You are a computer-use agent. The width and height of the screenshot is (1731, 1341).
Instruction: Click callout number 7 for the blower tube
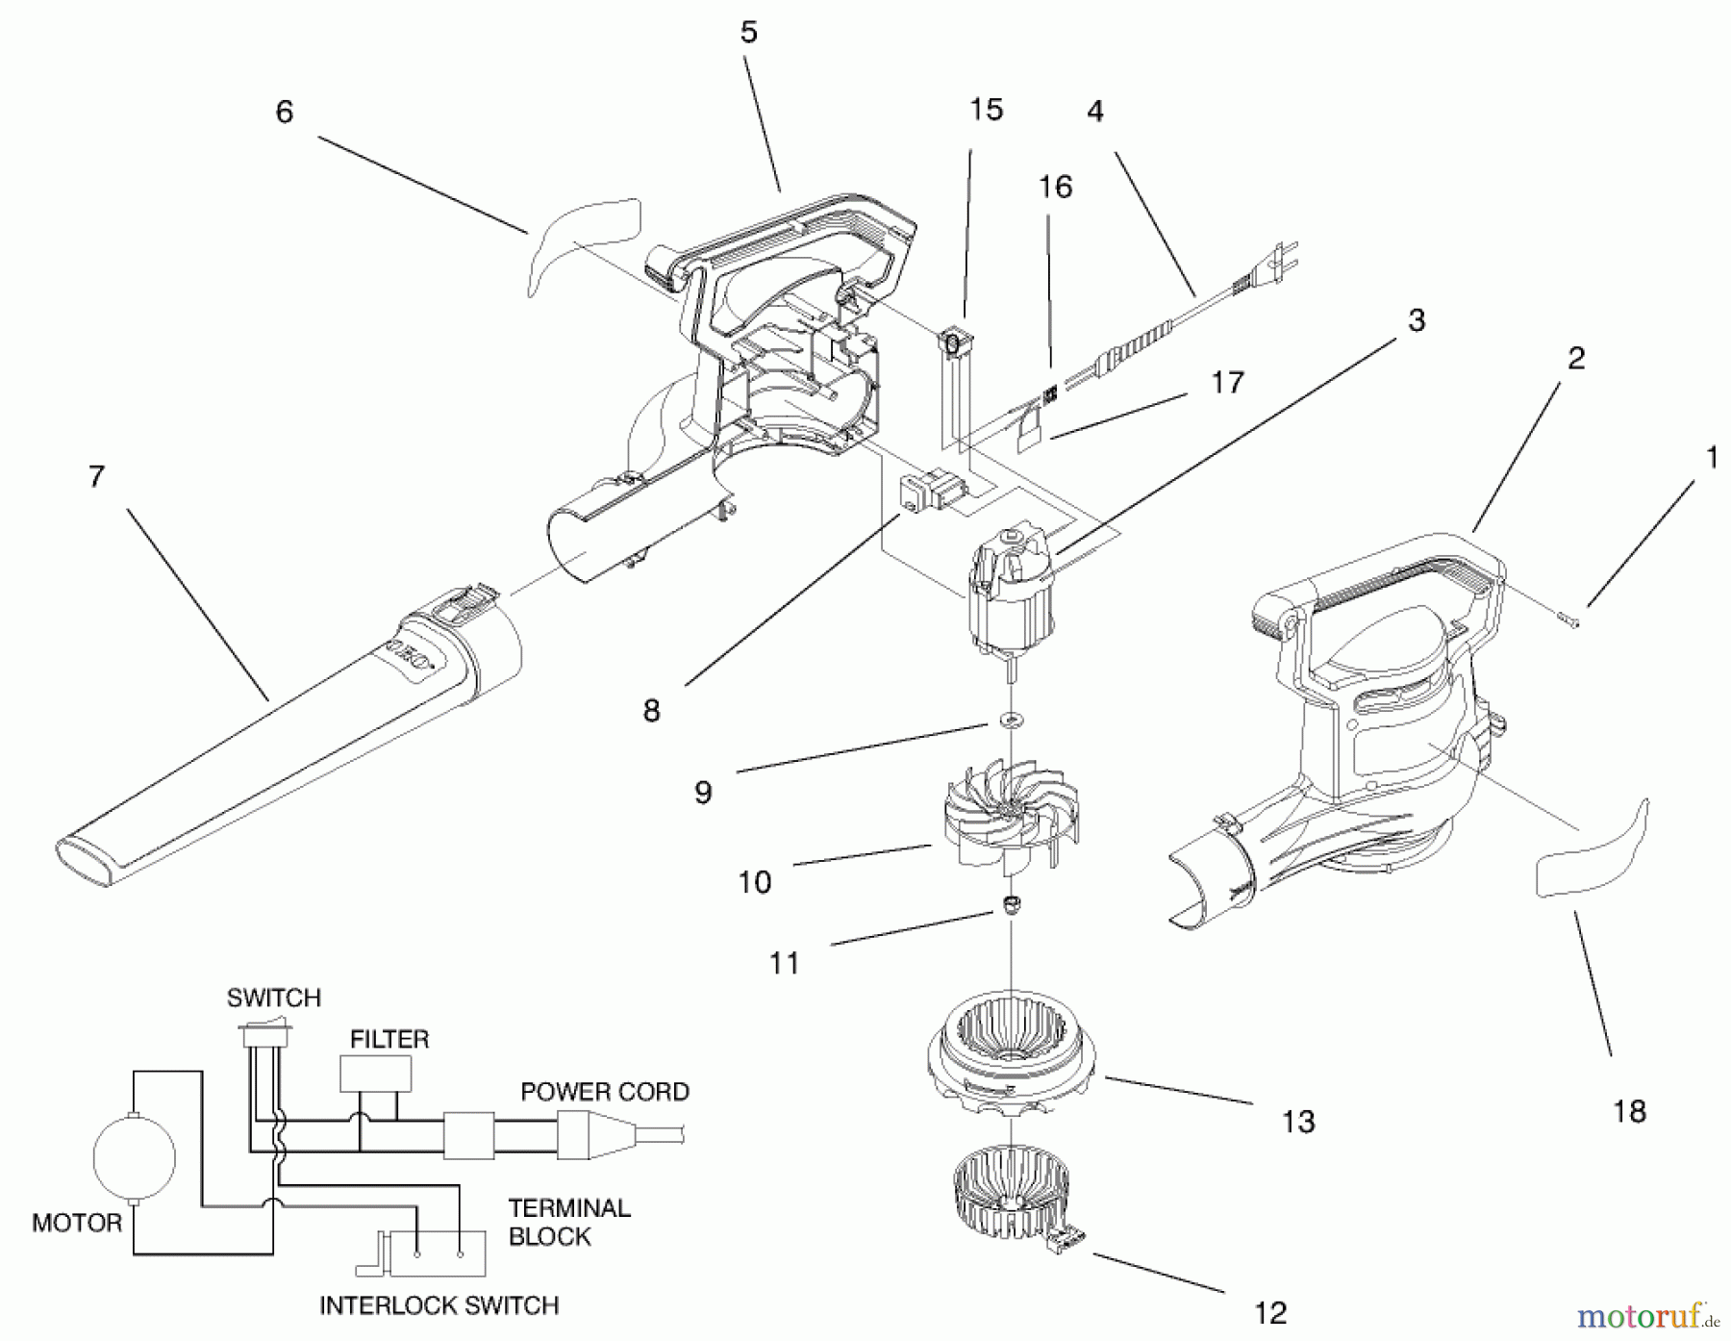(x=96, y=477)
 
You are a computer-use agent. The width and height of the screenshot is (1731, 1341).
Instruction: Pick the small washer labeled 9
(x=1010, y=721)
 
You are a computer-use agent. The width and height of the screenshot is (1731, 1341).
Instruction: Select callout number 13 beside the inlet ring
(x=1297, y=1121)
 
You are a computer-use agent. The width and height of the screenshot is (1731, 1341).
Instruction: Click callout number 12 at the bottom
(x=1269, y=1313)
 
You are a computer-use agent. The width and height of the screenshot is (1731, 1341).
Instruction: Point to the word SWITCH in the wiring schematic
(x=273, y=999)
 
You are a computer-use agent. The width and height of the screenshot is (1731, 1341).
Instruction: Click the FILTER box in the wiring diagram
(x=375, y=1074)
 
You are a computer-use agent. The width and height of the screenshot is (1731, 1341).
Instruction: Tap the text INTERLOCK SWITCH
(x=439, y=1305)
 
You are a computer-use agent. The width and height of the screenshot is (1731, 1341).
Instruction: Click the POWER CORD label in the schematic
(x=604, y=1092)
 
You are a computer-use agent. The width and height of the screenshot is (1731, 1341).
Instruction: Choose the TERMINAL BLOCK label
(x=568, y=1222)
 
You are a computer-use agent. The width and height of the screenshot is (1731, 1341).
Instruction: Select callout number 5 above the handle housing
(x=748, y=33)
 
